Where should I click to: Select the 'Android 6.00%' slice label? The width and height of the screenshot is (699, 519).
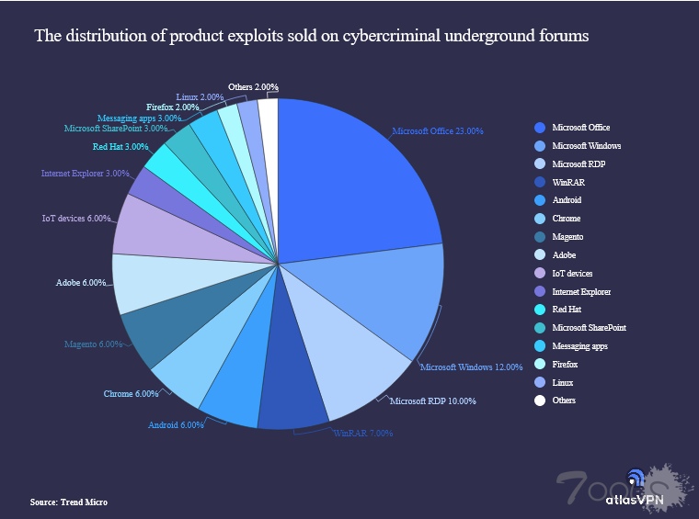pyautogui.click(x=175, y=424)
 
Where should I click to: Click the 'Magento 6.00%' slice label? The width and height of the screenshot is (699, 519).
pyautogui.click(x=93, y=344)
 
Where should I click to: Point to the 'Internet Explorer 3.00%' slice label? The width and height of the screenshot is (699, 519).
pyautogui.click(x=85, y=173)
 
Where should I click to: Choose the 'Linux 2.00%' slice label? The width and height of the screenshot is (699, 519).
pyautogui.click(x=200, y=96)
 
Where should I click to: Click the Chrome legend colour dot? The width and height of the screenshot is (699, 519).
pyautogui.click(x=540, y=219)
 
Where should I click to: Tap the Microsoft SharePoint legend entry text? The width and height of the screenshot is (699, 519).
pyautogui.click(x=589, y=328)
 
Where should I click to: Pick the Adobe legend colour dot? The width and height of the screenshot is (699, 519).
pyautogui.click(x=540, y=255)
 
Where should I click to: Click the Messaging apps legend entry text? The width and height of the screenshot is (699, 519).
pyautogui.click(x=579, y=346)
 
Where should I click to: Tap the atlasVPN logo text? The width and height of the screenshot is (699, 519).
pyautogui.click(x=635, y=501)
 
